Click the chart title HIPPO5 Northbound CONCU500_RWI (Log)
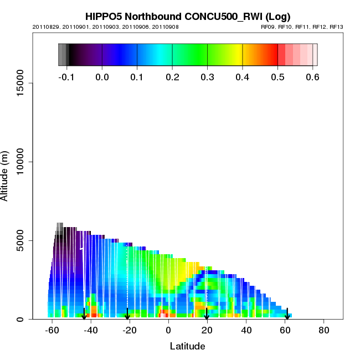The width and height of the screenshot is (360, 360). (x=188, y=17)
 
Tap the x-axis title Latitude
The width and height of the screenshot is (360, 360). (x=187, y=346)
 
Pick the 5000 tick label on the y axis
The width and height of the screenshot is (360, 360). (x=23, y=240)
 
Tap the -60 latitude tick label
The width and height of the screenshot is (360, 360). (x=52, y=330)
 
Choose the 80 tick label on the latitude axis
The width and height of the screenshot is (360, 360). (x=324, y=330)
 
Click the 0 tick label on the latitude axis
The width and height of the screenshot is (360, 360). (x=168, y=330)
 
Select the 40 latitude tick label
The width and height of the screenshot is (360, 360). (x=246, y=330)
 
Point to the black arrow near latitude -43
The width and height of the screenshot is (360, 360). (x=84, y=314)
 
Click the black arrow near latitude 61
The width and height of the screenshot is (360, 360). (x=287, y=314)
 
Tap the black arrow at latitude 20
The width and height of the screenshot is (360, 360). (x=207, y=314)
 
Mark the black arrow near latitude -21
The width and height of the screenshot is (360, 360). (x=127, y=314)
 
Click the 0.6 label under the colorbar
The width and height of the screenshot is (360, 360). (x=312, y=77)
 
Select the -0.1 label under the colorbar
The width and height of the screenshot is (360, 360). (x=66, y=77)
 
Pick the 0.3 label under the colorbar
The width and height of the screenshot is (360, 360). (x=207, y=77)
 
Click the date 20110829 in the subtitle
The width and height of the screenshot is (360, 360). (x=44, y=27)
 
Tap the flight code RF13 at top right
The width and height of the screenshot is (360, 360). (x=336, y=27)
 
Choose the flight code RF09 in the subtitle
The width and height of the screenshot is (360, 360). (x=268, y=27)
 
